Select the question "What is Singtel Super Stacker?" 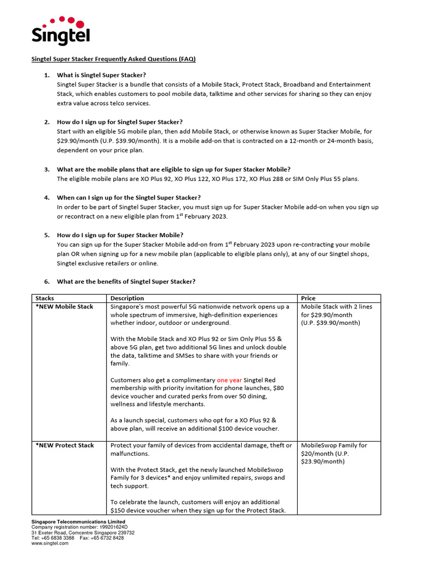(101, 75)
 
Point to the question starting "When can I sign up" (129, 197)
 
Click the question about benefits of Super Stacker (126, 282)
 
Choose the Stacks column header (45, 298)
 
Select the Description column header (127, 298)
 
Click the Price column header (309, 298)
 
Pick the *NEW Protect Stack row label (65, 445)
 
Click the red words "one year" (229, 380)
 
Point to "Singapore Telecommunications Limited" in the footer (78, 522)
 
